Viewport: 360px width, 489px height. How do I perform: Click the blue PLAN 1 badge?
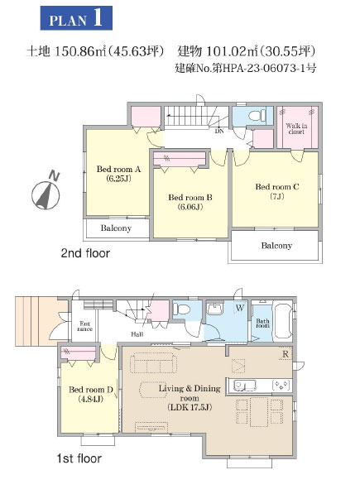coord(76,18)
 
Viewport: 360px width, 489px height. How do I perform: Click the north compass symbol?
coord(46,193)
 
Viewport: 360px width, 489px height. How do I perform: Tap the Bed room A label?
coord(118,169)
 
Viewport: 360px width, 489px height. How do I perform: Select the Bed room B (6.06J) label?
coord(190,202)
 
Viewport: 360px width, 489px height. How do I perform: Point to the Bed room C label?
coord(277,186)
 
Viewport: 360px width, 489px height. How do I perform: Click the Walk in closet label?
coord(296,128)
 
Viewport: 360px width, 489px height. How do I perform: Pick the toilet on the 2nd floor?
coord(257,115)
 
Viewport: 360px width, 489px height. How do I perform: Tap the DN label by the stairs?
coord(219,132)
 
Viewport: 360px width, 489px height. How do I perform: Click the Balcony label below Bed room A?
coord(116,228)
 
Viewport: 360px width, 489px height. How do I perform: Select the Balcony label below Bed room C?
coord(276,246)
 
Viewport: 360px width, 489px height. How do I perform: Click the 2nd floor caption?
coord(85,253)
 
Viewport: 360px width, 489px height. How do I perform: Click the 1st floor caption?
coord(79,458)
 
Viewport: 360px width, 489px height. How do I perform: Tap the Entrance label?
coord(85,326)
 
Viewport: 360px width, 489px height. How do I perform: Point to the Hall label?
coord(137,334)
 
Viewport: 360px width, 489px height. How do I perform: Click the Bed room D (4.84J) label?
coord(91,394)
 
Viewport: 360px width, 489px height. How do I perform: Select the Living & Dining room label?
coord(190,398)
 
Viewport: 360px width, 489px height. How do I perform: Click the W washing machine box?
coord(240,308)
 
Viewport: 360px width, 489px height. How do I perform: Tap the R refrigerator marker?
coord(286,354)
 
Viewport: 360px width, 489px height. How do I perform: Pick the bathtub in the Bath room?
coord(283,320)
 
